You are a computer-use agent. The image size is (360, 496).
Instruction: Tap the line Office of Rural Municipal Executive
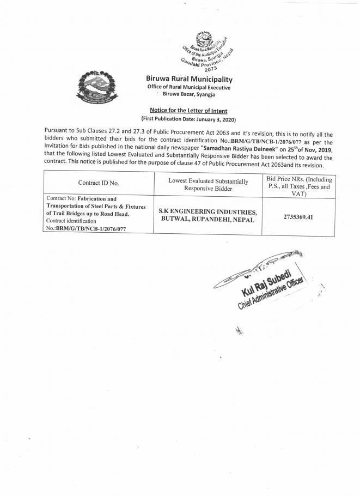[x=188, y=88]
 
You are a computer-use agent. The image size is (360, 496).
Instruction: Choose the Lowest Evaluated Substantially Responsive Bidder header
[x=208, y=183]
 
